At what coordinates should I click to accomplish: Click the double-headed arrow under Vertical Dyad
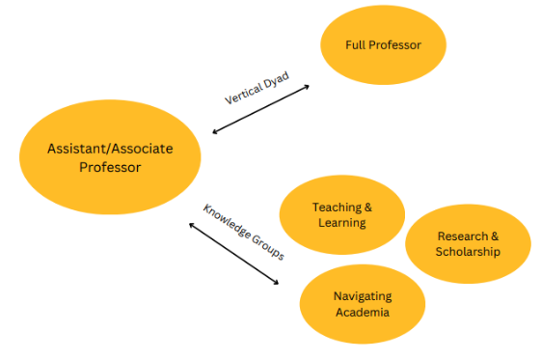[x=260, y=109]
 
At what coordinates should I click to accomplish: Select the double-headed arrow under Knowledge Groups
[x=233, y=253]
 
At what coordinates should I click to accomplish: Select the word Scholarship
[x=468, y=252]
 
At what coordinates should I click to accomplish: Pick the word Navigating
[x=363, y=296]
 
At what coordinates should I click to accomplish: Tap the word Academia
[x=363, y=312]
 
